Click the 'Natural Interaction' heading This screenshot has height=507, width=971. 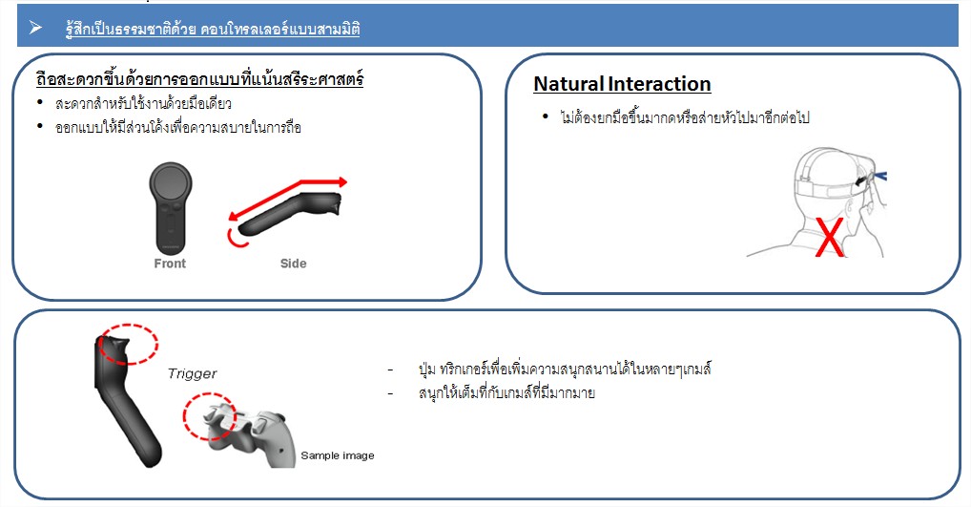(x=622, y=84)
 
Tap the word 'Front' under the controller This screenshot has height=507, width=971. (x=170, y=264)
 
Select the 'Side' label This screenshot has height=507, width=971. (x=293, y=264)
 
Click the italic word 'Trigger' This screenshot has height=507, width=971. (x=192, y=373)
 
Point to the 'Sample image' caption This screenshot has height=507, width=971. (x=338, y=455)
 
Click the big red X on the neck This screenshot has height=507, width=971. (x=830, y=238)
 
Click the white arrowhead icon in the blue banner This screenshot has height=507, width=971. (x=35, y=28)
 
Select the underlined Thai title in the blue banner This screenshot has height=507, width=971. (x=213, y=30)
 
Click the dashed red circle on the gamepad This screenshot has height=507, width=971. (x=209, y=416)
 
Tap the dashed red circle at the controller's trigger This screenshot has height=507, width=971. (x=129, y=344)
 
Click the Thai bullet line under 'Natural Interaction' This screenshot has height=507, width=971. (x=684, y=117)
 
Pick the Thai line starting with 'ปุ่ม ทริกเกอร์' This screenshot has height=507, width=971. (x=564, y=370)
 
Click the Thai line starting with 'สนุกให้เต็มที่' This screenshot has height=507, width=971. (x=506, y=393)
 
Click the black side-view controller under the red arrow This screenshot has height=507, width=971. (x=289, y=214)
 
